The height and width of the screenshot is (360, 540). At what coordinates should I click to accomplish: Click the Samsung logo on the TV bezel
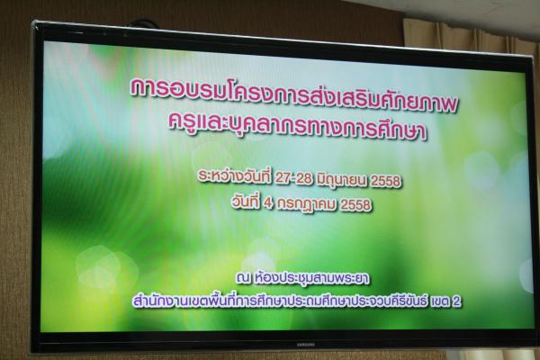point(306,344)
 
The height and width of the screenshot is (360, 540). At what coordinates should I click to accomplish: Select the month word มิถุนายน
point(342,180)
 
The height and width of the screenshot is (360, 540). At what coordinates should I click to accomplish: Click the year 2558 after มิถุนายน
point(386,181)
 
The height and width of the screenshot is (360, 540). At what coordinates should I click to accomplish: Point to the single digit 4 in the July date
point(268,203)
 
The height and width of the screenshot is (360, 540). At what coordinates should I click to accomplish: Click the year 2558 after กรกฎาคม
point(355,205)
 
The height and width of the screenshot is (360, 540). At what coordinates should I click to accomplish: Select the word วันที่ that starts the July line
point(247,202)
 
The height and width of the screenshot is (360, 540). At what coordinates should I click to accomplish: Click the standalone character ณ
point(243,277)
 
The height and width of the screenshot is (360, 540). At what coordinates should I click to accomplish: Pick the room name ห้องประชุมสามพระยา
point(311,278)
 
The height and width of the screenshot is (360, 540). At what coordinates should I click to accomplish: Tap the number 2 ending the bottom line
point(456,301)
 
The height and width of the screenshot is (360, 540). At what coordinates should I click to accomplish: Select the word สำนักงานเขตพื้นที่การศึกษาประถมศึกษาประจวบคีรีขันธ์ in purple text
point(279,301)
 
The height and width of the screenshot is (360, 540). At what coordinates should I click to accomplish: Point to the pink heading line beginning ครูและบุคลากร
point(298,125)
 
